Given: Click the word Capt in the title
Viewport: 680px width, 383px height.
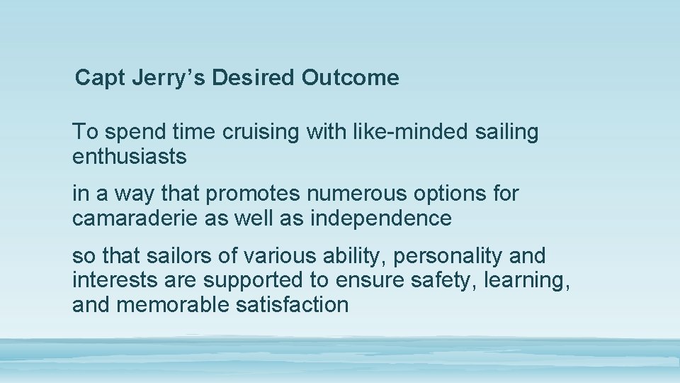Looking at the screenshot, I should pos(101,78).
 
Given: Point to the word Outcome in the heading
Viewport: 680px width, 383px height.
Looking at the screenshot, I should pos(350,78).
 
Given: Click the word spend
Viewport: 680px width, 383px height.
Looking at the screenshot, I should pos(137,133).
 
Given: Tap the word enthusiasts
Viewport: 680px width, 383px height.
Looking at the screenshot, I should pos(130,157).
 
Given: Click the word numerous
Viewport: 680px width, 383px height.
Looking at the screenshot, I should pos(365,194).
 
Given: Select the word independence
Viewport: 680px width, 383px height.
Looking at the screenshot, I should pos(380,218).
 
